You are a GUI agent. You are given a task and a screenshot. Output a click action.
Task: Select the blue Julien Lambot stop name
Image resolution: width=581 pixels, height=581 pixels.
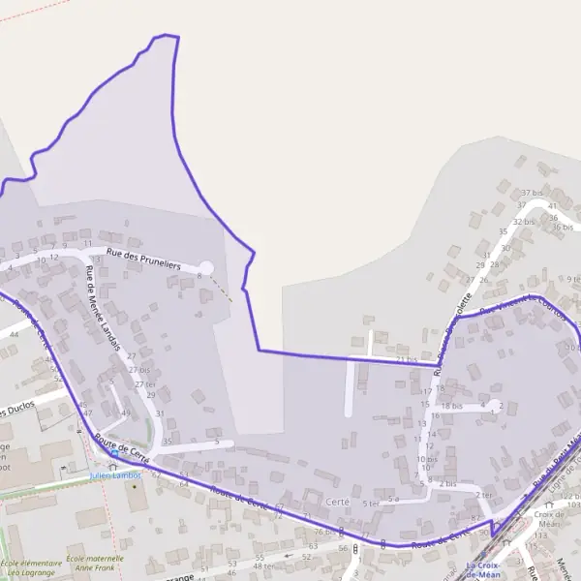(115, 475)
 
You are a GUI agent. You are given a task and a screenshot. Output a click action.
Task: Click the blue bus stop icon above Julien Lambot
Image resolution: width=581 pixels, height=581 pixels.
(115, 452)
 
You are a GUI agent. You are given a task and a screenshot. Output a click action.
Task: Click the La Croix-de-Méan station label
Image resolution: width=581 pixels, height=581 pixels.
(483, 569)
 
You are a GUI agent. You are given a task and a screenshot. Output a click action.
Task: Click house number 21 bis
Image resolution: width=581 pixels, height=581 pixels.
(407, 359)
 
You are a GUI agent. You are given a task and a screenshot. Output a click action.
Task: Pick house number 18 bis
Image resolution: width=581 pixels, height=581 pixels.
(452, 407)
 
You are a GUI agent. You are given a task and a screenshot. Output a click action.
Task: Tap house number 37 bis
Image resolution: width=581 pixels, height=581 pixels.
(532, 194)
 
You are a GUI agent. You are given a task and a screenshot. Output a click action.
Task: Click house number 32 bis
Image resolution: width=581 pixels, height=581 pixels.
(524, 222)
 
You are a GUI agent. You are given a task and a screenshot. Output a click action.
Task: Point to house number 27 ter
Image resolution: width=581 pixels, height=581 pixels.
(144, 384)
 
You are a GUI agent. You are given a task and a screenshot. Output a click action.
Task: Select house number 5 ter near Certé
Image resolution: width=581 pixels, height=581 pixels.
(371, 504)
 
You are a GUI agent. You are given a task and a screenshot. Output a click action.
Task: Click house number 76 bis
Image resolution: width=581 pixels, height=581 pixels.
(322, 532)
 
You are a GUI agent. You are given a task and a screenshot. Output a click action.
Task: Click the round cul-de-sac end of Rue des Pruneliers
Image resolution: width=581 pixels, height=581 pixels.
(206, 267)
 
